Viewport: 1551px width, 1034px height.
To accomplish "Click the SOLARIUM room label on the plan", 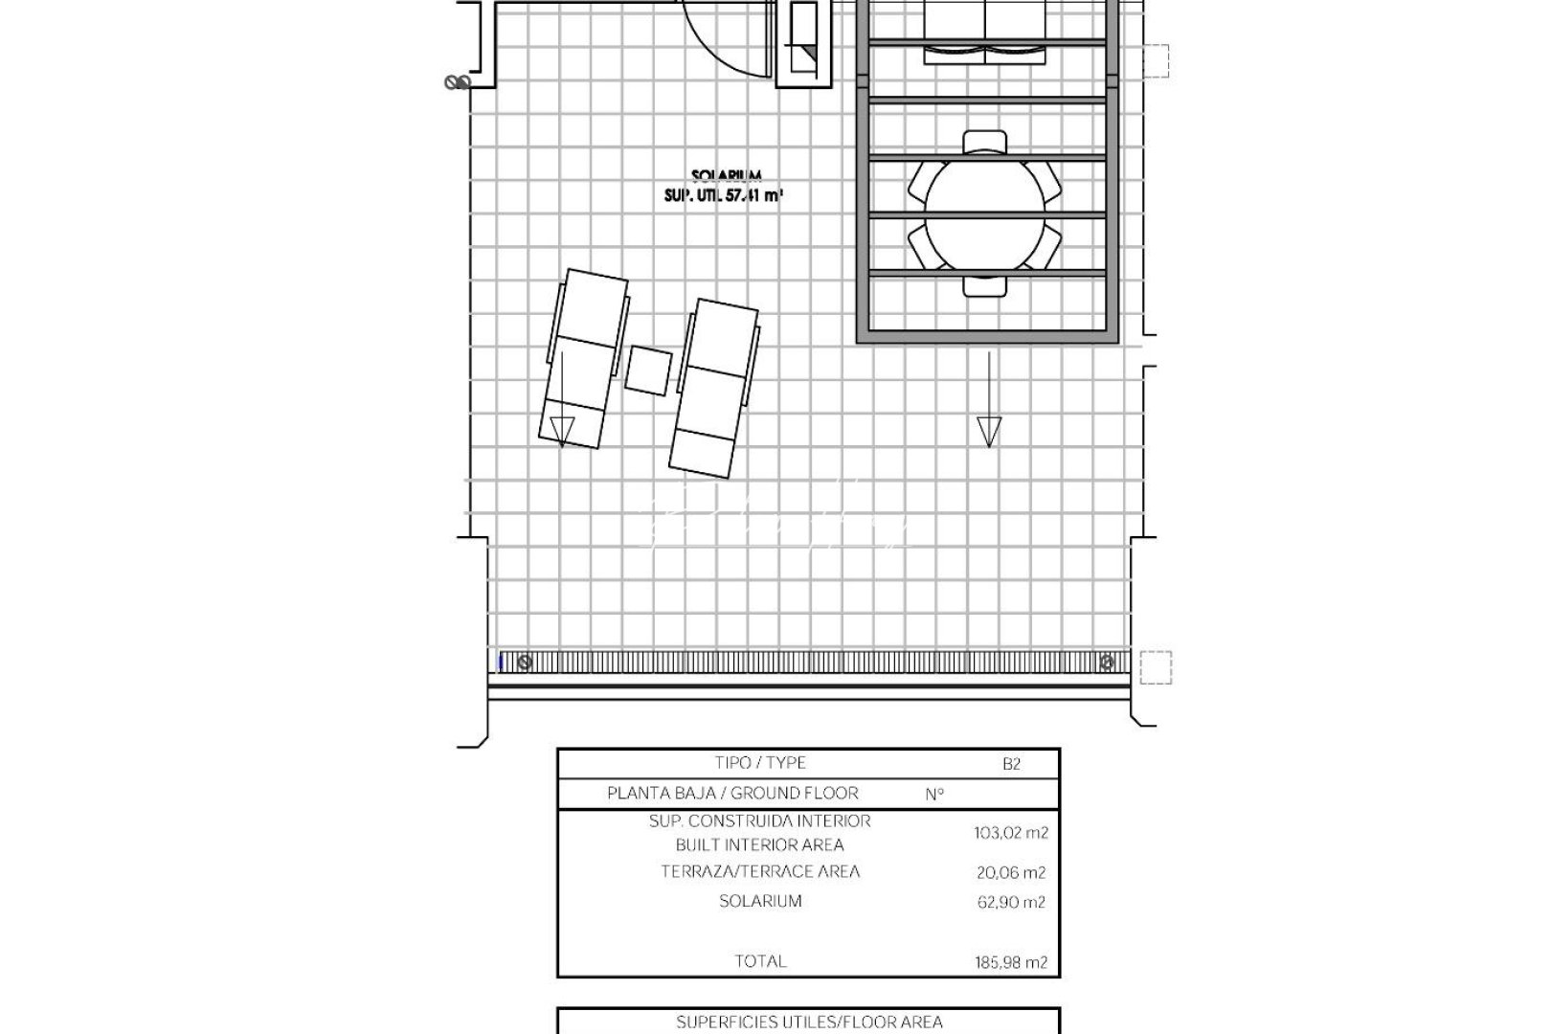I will coord(726,176).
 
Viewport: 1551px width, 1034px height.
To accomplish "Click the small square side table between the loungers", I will coord(649,370).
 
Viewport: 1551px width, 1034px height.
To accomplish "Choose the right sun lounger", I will coord(715,388).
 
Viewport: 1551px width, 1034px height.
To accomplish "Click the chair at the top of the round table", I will coord(985,144).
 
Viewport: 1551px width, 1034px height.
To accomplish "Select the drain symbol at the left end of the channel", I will coord(524,662).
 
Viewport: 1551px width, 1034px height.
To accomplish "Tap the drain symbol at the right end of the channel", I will coord(1107,662).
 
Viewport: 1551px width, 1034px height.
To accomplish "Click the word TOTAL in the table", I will coord(760,961).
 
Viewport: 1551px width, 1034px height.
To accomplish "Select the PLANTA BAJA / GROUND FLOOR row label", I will coord(732,794).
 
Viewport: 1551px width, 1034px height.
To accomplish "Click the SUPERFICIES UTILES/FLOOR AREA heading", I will coord(809,1023).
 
